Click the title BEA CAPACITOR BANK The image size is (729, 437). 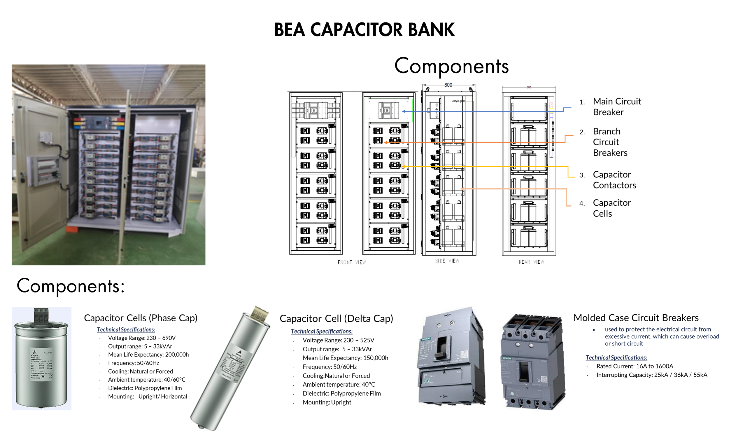point(364,30)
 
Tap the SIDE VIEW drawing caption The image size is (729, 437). point(447,261)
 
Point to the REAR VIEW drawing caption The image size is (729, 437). point(531,262)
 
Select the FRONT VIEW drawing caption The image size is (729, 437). point(352,262)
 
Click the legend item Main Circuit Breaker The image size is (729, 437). point(617,107)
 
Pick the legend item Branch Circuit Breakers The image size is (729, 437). point(610,142)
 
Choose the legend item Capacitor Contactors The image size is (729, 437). point(614,180)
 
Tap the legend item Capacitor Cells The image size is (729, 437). point(611,208)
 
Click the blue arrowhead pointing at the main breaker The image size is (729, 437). point(404,111)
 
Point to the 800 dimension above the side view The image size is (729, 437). point(448,85)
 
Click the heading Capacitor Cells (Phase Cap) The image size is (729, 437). point(141,318)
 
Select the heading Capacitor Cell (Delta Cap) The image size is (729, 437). point(336,318)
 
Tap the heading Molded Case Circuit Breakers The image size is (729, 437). point(636,318)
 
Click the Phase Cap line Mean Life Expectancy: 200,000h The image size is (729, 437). point(148,355)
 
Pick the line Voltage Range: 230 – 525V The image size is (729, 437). point(338,340)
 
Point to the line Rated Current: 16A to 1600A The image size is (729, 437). point(635,366)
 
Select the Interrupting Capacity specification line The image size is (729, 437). point(651,375)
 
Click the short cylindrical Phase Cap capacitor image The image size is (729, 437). point(41,358)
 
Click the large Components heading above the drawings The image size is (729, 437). point(451,66)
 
